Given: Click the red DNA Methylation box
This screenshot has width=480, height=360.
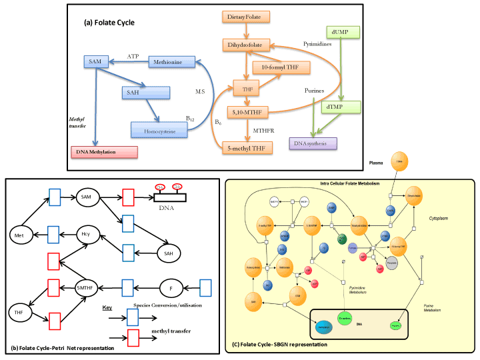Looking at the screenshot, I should (104, 152).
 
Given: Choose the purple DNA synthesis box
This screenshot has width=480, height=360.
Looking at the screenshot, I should (313, 142).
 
